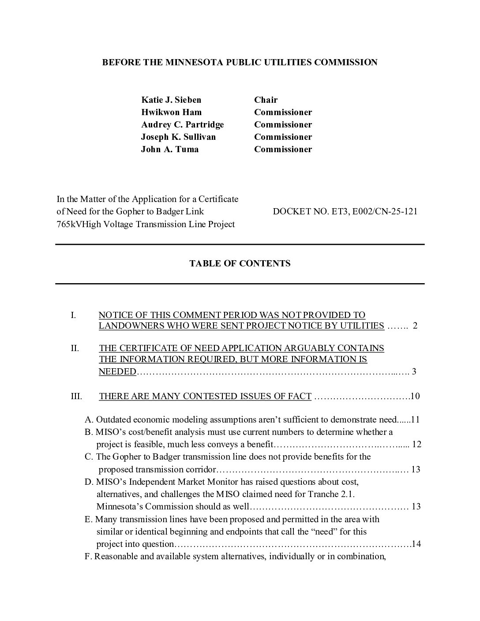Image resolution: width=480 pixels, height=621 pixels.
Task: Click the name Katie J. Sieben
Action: point(171,100)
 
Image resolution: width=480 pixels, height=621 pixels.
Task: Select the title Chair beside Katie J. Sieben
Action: point(266,100)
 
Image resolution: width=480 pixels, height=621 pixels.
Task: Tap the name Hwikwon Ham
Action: point(171,112)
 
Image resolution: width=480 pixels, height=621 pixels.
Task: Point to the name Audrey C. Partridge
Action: point(182,124)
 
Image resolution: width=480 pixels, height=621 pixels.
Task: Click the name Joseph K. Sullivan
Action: point(178,137)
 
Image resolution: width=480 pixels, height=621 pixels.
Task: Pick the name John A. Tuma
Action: point(169,149)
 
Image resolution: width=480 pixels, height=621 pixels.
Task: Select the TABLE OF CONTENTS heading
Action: point(240,263)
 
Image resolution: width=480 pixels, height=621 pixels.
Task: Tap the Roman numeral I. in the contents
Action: point(73,315)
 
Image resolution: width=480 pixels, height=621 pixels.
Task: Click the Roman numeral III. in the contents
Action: point(76,396)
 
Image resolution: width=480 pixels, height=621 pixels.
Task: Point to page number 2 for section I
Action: point(415,326)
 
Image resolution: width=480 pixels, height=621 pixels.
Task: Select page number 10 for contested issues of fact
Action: point(415,396)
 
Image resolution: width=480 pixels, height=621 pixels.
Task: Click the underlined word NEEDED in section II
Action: point(117,371)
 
